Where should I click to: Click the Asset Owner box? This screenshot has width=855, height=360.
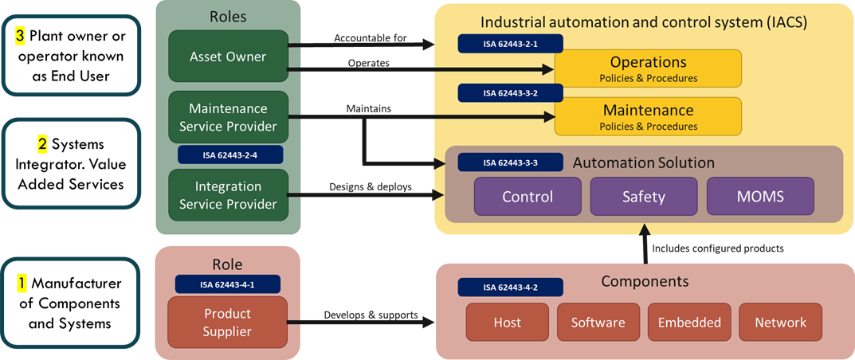coord(228,57)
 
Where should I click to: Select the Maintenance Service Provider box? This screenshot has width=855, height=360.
coord(228,117)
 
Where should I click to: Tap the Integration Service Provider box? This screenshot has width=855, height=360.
coord(228,195)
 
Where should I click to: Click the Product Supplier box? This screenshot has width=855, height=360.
coord(227,322)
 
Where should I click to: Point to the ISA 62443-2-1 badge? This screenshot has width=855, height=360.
coord(510,44)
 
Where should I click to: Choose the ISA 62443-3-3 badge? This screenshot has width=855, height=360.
coord(510,162)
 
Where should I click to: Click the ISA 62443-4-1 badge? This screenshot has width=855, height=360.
coord(227,284)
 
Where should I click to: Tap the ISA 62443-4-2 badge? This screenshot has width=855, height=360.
coord(510,288)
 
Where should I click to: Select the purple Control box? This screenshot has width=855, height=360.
coord(527,196)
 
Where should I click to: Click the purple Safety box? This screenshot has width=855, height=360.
coord(643,196)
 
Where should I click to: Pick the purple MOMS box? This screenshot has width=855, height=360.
coord(759,196)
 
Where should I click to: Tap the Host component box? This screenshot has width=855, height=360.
coord(507,323)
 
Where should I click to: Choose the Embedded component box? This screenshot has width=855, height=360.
coord(689,323)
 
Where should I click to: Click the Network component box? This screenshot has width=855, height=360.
coord(780,323)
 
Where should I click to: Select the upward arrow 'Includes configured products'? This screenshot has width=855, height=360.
coord(643,242)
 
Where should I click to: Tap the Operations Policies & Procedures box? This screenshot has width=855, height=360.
coord(648,68)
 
